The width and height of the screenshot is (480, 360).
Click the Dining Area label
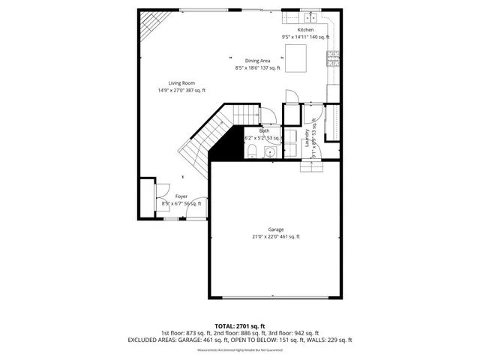257,61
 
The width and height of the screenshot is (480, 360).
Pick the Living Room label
181,84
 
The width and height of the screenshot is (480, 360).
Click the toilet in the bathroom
253,152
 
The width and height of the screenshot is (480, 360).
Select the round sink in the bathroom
271,152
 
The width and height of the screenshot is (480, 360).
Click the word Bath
265,130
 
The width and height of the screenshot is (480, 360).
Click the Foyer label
181,196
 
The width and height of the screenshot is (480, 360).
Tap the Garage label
276,229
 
